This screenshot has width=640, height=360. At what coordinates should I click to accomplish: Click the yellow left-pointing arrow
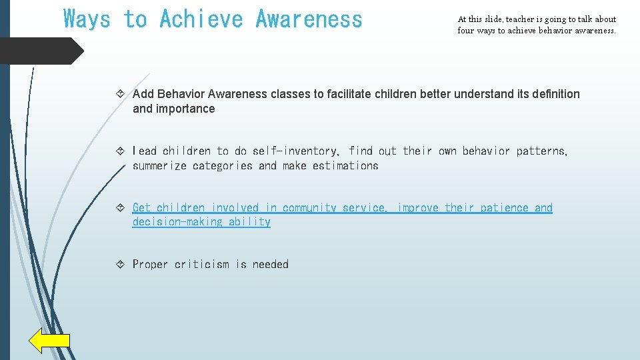click(49, 341)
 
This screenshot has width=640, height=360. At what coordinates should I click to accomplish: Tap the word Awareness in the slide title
click(309, 19)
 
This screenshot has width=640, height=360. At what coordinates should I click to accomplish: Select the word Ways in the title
click(87, 19)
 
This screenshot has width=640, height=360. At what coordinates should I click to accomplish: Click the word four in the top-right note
click(465, 31)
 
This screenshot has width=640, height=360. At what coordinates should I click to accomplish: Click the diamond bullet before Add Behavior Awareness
click(121, 94)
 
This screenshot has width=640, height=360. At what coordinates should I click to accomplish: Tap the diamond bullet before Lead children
click(121, 151)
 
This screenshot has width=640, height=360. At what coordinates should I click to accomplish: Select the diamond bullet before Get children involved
click(121, 208)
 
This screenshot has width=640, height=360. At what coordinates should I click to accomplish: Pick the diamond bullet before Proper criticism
click(121, 265)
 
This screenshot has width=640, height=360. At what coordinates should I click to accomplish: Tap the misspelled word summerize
click(159, 166)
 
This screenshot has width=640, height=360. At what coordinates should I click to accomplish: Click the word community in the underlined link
click(309, 208)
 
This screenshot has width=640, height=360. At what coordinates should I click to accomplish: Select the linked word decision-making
click(177, 222)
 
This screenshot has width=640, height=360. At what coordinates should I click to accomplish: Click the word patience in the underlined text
click(504, 208)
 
